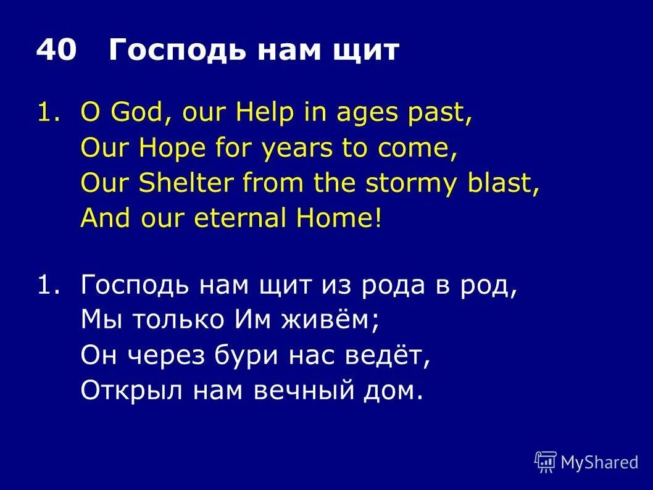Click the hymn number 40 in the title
point(56,51)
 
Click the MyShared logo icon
point(545,461)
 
